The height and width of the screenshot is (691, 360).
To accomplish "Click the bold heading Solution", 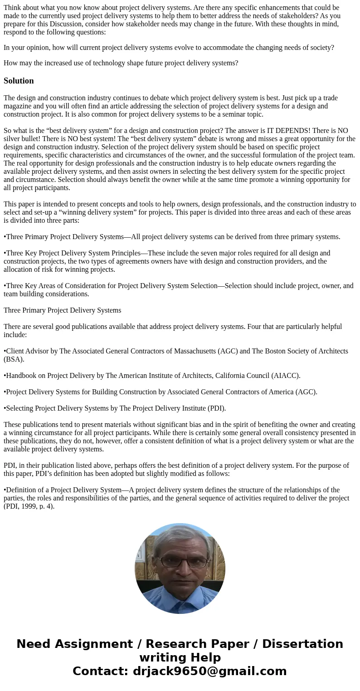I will click(x=19, y=81).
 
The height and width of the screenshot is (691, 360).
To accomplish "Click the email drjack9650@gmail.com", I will click(x=209, y=671).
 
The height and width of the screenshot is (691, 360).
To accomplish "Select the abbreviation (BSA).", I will click(x=14, y=359).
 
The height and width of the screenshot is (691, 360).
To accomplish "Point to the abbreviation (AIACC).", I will click(x=286, y=376).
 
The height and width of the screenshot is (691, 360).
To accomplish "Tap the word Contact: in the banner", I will click(x=101, y=671).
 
